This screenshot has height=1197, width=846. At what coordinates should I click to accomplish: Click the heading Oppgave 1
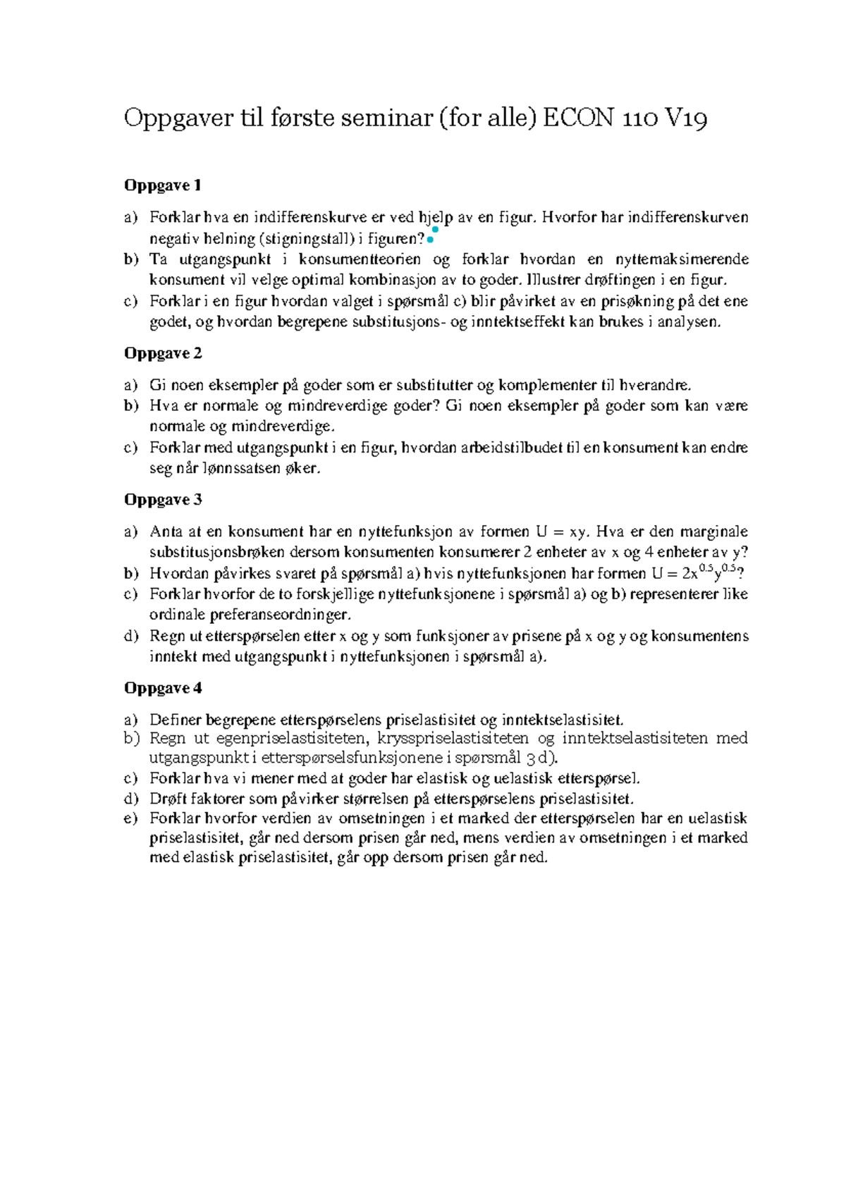pos(163,185)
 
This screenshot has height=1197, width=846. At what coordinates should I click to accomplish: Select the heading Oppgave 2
pos(163,353)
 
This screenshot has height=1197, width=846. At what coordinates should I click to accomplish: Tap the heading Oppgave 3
pos(163,500)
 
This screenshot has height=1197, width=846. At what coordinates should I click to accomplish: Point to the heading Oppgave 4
pos(163,688)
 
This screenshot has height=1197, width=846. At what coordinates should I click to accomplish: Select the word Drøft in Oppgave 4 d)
pos(166,799)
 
